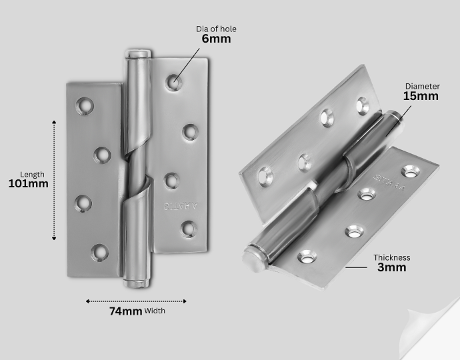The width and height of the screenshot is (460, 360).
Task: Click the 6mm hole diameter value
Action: [x=216, y=39]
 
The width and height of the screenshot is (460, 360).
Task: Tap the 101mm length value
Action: [x=29, y=184]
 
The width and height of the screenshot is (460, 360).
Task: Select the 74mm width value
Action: [x=126, y=311]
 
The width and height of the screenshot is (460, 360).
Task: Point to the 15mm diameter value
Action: [x=421, y=96]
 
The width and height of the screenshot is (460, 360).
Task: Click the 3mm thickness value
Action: [x=391, y=267]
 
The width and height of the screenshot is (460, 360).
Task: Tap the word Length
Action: [x=32, y=175]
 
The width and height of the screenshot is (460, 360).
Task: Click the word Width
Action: [x=155, y=311]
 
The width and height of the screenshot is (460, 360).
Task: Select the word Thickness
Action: [x=391, y=257]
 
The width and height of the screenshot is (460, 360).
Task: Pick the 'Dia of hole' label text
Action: [x=216, y=29]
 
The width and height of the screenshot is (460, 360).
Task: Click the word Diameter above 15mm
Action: [x=423, y=86]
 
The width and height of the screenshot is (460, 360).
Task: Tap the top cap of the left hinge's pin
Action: [x=138, y=54]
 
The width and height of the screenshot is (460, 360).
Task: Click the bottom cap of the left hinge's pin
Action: [x=137, y=284]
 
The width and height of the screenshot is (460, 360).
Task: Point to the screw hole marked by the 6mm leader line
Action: [x=173, y=82]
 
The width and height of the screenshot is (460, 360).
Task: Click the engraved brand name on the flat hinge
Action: [x=181, y=206]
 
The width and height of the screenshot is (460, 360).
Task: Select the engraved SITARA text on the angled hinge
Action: [x=389, y=183]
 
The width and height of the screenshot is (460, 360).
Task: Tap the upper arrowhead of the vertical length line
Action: [x=54, y=122]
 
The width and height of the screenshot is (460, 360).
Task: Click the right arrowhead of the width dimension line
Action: [x=185, y=301]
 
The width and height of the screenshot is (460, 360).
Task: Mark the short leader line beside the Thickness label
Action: [x=356, y=267]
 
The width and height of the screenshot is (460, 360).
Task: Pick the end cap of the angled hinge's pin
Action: [x=253, y=259]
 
